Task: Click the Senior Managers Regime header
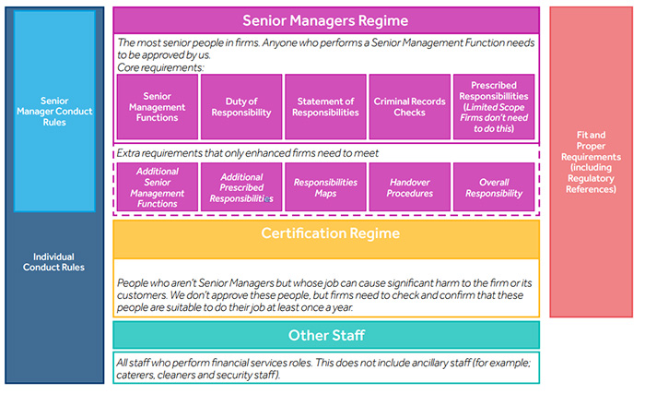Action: coord(326,20)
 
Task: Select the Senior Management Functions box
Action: coord(158,107)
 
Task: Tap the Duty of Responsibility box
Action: coord(241,107)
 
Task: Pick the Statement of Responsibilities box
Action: coord(325,107)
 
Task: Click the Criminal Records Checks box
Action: coord(410,107)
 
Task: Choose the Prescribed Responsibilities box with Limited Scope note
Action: coord(494,107)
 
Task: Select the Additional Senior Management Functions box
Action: coord(158,187)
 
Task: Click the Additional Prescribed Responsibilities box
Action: coord(241,187)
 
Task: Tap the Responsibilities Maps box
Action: coord(325,187)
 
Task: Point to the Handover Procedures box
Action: coord(410,187)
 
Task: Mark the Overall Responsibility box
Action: coord(494,187)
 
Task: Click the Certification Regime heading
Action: coord(330,233)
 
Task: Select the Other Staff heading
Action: coord(326,336)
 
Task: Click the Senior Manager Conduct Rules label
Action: coord(54,112)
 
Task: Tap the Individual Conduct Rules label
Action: coord(53,262)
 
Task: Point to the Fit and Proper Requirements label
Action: coord(592,162)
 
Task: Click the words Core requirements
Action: coord(160,67)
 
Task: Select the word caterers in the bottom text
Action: coord(135,375)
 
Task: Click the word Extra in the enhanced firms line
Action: coord(127,153)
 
